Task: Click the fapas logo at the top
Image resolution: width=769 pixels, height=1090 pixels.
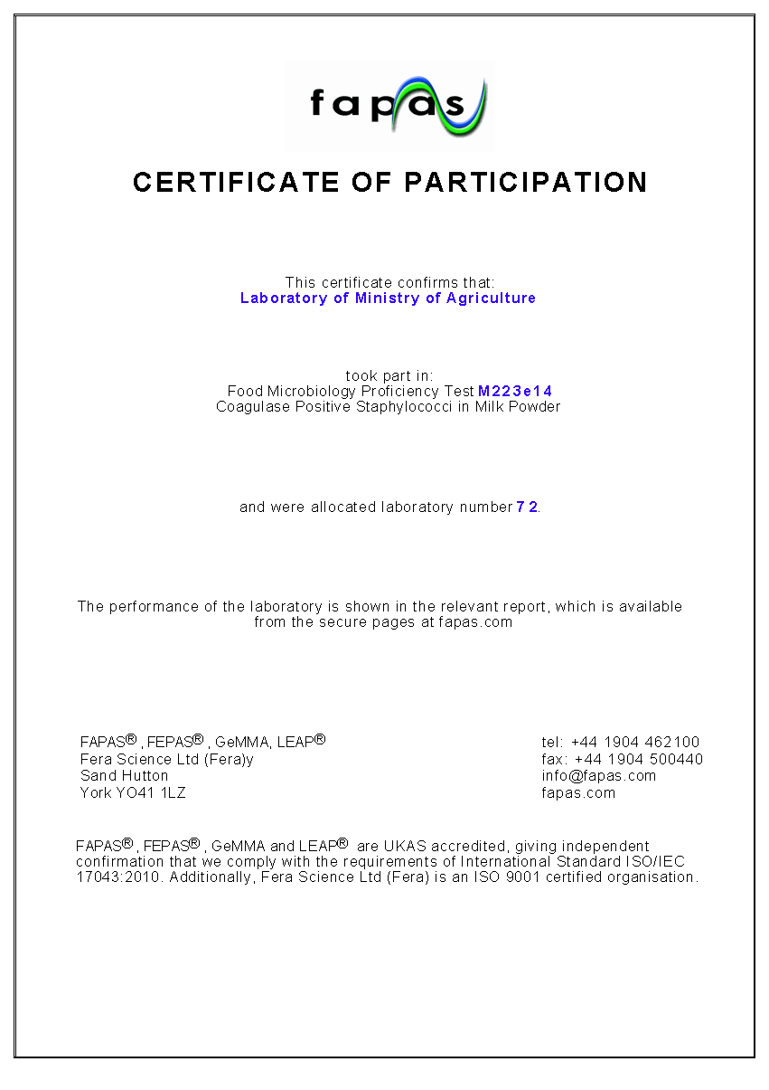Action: [389, 106]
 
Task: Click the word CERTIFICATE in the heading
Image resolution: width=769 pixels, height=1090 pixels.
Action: [236, 182]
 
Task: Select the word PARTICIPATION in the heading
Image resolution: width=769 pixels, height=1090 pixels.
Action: [525, 182]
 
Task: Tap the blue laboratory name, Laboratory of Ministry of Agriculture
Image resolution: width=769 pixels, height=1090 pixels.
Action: [388, 299]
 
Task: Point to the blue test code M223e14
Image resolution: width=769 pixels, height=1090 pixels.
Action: [515, 392]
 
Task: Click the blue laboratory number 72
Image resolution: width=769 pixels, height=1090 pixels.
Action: [527, 507]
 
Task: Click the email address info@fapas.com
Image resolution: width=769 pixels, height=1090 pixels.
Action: [598, 776]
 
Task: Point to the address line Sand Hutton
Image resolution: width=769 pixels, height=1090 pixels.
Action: [124, 776]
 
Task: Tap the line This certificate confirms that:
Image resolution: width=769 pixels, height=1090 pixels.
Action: [389, 283]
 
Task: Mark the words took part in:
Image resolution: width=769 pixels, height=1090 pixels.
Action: [389, 375]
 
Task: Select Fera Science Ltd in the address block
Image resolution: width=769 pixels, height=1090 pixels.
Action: [138, 760]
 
